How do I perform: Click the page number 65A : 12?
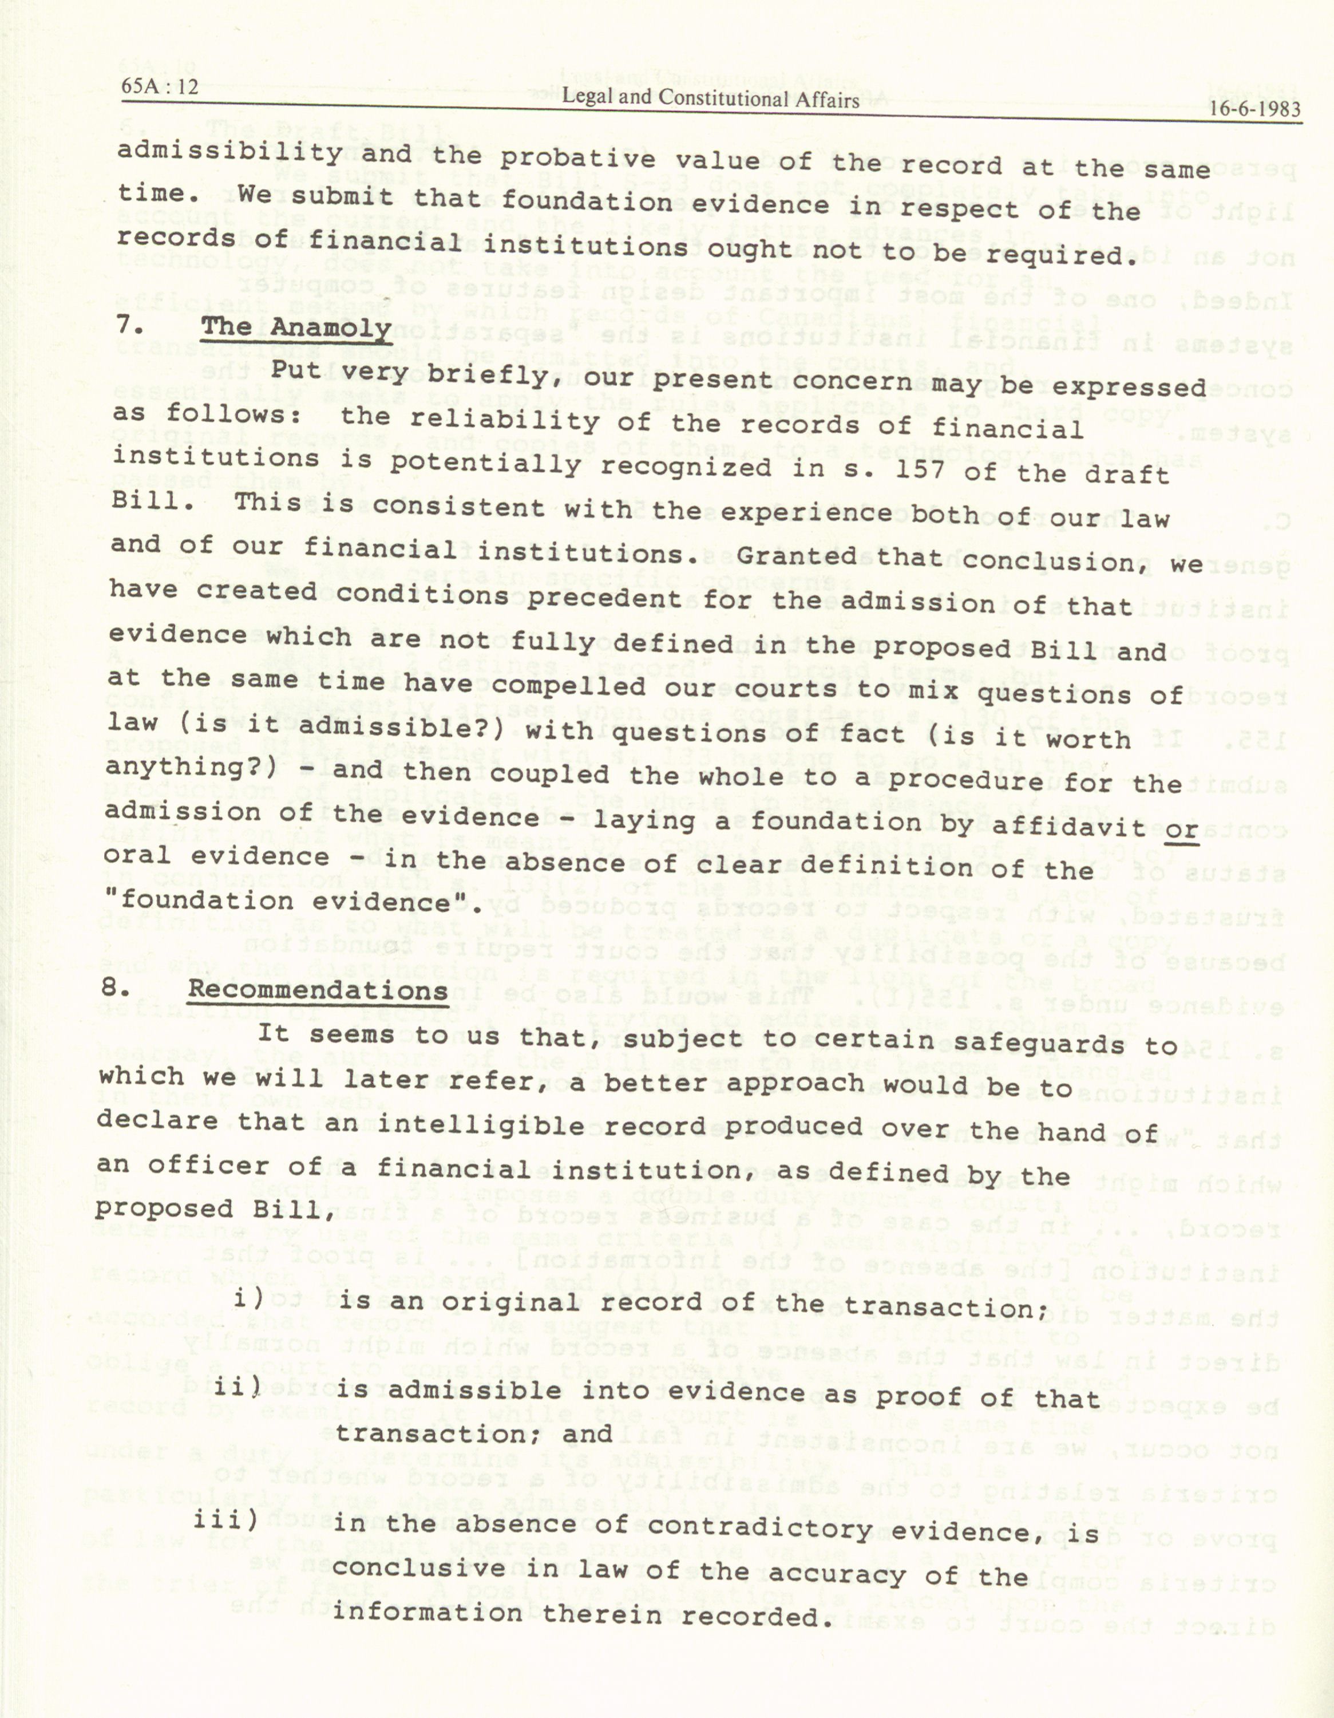point(160,88)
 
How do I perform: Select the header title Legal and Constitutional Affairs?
point(710,98)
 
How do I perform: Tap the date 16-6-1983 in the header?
point(1256,109)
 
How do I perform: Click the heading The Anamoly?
point(296,327)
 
